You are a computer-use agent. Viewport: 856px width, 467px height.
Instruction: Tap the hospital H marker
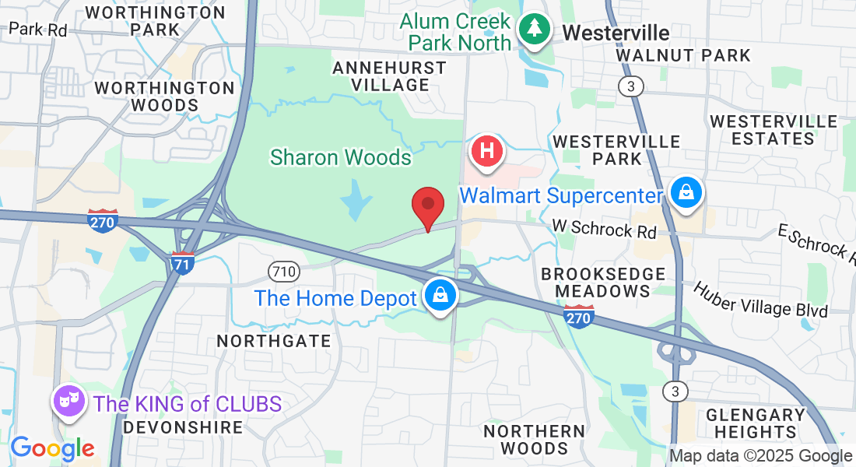click(487, 149)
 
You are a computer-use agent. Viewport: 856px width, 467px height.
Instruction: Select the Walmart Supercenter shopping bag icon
click(686, 192)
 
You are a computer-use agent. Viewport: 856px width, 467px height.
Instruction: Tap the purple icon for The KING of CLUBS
click(68, 402)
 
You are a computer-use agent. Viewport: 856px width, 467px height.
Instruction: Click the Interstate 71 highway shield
click(182, 261)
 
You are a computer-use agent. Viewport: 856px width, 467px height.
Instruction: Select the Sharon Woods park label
click(340, 157)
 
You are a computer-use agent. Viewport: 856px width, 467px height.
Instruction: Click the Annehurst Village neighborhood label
click(389, 76)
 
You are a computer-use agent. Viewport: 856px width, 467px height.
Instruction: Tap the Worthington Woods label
click(165, 97)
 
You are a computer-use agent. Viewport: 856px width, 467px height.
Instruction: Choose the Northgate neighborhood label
click(274, 341)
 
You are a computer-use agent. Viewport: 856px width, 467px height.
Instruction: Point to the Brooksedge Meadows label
click(604, 283)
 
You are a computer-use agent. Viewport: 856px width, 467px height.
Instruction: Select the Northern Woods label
click(534, 440)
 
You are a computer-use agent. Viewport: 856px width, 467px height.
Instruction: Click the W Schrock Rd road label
click(603, 227)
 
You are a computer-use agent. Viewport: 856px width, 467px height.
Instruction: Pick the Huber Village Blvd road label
click(760, 299)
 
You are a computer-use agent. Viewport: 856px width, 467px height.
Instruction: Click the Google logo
click(52, 448)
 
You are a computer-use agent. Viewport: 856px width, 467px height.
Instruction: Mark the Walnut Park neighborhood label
click(682, 55)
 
